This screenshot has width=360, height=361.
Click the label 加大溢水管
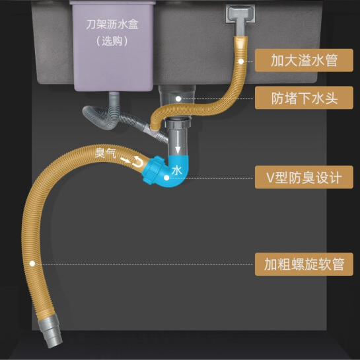(x=304, y=60)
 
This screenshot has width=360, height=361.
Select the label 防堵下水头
(x=304, y=98)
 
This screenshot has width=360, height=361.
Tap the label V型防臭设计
(x=304, y=177)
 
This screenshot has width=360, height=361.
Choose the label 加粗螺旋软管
(x=304, y=264)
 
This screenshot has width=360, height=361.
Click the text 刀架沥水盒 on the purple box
(x=112, y=24)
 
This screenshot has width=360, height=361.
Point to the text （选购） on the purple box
(x=112, y=41)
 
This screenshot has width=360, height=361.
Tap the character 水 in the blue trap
(x=176, y=171)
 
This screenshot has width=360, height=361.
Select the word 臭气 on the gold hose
(x=105, y=153)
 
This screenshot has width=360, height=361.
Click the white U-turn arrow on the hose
(x=137, y=162)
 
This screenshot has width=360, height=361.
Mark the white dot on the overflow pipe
(x=241, y=61)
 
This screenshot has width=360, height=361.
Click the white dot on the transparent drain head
(x=178, y=99)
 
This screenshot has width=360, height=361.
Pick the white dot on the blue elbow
(x=166, y=178)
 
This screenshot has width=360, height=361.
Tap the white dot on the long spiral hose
(x=32, y=263)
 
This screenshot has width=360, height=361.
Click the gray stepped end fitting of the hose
(x=50, y=331)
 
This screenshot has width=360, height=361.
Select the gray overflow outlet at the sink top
(x=240, y=16)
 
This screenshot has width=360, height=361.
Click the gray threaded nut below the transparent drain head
(x=178, y=122)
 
